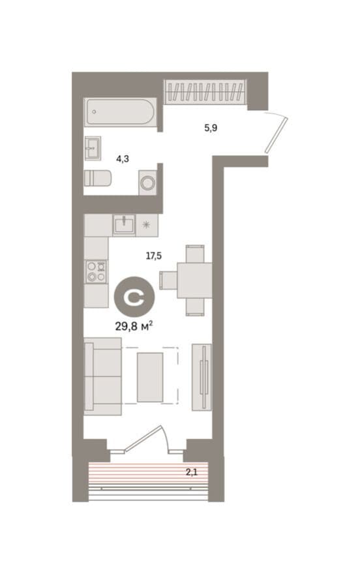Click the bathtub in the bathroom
point(121,112)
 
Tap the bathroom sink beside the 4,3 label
point(93,148)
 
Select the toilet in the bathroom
point(98,178)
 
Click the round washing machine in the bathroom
point(148,182)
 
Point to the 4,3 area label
point(123,159)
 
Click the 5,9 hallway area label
point(211,128)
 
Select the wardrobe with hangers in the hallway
point(204,91)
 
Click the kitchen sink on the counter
point(124,225)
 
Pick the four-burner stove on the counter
point(97,271)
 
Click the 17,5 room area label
point(154,256)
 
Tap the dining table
point(194,280)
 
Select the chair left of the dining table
point(168,280)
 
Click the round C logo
point(134,297)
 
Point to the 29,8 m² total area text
point(134,325)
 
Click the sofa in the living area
point(103,376)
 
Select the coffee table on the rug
point(150,377)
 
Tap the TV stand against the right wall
point(202,377)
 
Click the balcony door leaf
point(143,438)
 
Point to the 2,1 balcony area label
point(191,472)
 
